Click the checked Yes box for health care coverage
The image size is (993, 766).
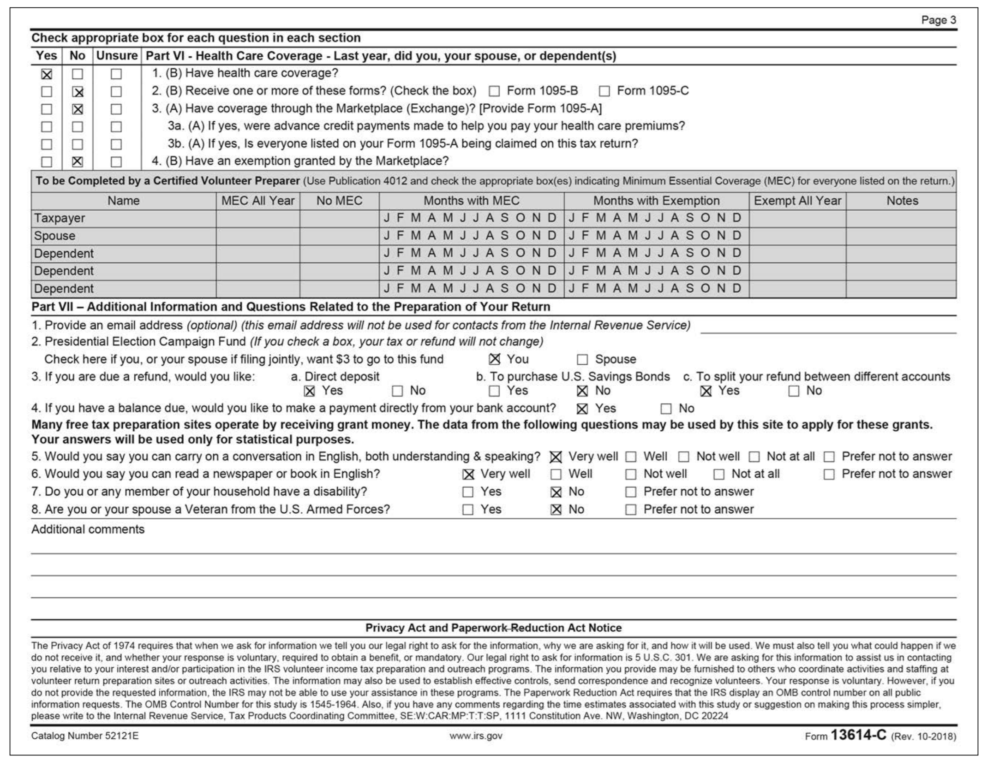pos(47,74)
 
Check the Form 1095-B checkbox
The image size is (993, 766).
pos(494,91)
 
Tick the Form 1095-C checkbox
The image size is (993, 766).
pos(604,91)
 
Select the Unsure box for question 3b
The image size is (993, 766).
pos(116,144)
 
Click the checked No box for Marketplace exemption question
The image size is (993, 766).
pos(78,162)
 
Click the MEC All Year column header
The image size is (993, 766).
pos(257,201)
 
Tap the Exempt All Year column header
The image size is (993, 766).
pos(797,201)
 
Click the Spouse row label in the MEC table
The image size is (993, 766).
pos(54,236)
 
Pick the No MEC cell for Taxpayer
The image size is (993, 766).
pos(339,219)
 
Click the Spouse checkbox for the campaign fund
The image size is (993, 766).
pos(583,360)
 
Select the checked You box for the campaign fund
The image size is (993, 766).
pos(495,359)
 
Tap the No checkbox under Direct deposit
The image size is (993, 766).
pos(397,392)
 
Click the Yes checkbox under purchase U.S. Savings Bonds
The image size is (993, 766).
pos(494,392)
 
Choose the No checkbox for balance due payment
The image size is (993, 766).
pos(666,409)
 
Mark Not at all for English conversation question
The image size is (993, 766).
pos(754,457)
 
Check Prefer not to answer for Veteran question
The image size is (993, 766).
pos(631,510)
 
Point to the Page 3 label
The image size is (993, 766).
pos(938,20)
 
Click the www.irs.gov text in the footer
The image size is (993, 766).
pos(476,736)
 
